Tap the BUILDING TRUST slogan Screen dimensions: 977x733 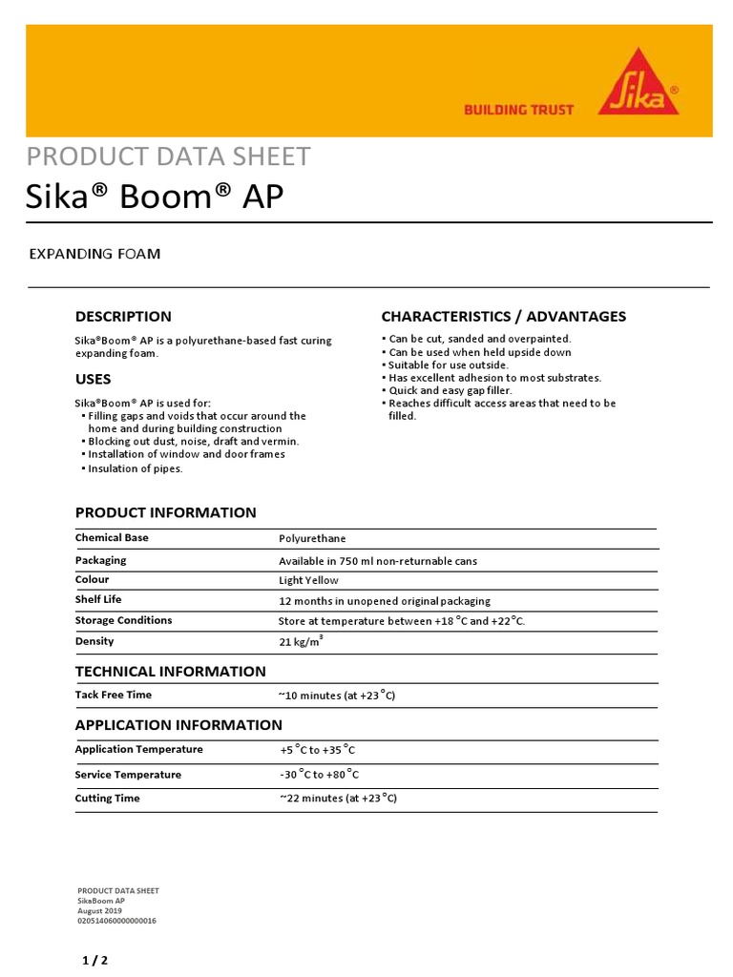pos(518,110)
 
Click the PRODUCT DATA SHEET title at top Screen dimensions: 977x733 pos(168,156)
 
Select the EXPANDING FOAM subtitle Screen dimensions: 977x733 pos(94,254)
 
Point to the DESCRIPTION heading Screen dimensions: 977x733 pos(123,317)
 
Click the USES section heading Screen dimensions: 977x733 pos(93,380)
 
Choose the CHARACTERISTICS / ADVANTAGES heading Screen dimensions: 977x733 pos(503,317)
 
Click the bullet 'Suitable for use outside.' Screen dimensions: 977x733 pos(449,364)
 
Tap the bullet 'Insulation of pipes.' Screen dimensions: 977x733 pos(135,468)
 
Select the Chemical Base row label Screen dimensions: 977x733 pos(112,538)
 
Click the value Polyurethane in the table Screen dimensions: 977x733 pos(312,539)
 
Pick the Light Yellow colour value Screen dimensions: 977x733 pos(308,580)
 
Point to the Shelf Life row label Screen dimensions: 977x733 pos(98,600)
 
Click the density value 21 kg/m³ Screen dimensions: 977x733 pos(301,641)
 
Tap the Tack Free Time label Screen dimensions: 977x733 pos(114,696)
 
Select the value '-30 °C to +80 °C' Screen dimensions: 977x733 pos(320,775)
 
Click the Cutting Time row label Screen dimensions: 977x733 pos(108,798)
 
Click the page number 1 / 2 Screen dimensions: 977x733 pos(94,961)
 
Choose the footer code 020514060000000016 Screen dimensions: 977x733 pos(116,922)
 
